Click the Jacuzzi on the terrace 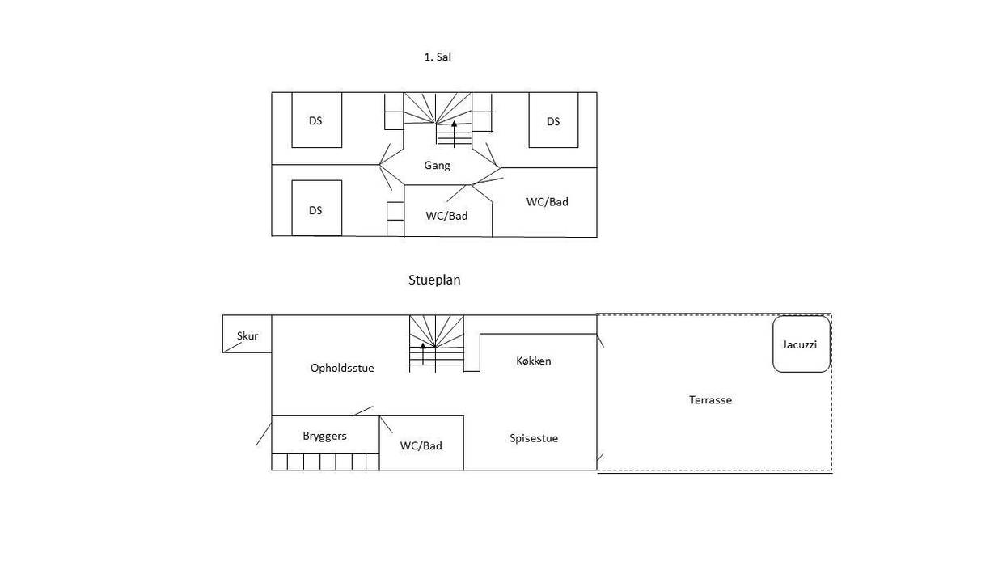pos(801,344)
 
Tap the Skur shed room pos(247,334)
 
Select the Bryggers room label pos(324,436)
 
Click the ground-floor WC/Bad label pos(421,445)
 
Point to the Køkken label pos(533,361)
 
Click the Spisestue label pos(534,438)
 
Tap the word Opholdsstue pos(342,369)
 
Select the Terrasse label pos(710,400)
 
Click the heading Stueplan pos(434,280)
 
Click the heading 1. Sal pos(438,57)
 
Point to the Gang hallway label pos(437,166)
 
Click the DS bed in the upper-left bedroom pos(317,120)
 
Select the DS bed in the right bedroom pos(553,120)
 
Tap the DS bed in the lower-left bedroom pos(317,208)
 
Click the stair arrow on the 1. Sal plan pos(454,134)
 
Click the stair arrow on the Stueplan pos(423,354)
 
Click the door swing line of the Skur pos(233,348)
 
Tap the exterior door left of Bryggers pos(264,434)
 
